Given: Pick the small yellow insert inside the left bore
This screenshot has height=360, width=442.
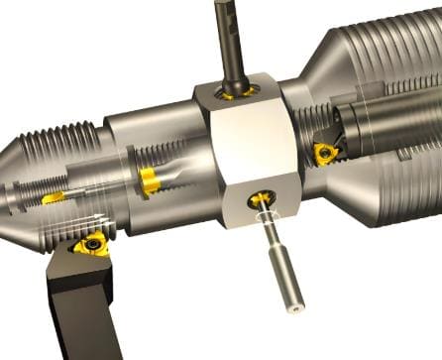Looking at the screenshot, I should tap(55, 198).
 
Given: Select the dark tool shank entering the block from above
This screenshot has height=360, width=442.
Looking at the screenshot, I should tap(232, 40).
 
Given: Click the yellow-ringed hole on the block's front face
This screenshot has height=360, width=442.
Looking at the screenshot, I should tap(263, 199).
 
